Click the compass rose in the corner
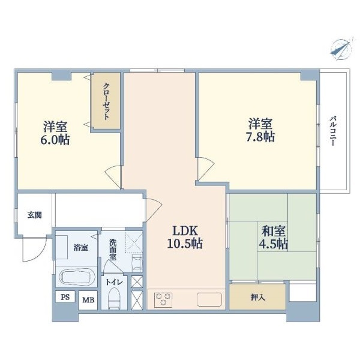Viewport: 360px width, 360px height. (x=341, y=49)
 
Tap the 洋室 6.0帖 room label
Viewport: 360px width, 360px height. (x=55, y=133)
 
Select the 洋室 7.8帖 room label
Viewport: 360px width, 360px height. (x=260, y=130)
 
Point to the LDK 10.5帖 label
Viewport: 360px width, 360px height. (x=185, y=237)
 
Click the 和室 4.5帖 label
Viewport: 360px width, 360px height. (x=274, y=238)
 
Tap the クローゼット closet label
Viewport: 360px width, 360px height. (x=106, y=101)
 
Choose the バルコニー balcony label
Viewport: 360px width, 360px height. (x=332, y=131)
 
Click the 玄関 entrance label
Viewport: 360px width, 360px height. (x=35, y=215)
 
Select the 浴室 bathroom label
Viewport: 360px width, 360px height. (x=81, y=248)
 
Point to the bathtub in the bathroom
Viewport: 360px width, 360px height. (x=77, y=277)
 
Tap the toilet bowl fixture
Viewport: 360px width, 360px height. (x=114, y=298)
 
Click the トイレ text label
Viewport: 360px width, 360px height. (x=114, y=282)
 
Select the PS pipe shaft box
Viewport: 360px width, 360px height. (x=65, y=297)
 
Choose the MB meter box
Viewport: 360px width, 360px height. (x=88, y=300)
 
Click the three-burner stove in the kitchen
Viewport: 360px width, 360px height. (x=163, y=299)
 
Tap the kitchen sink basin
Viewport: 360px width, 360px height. (x=209, y=299)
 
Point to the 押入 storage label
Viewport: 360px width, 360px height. (x=258, y=298)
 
